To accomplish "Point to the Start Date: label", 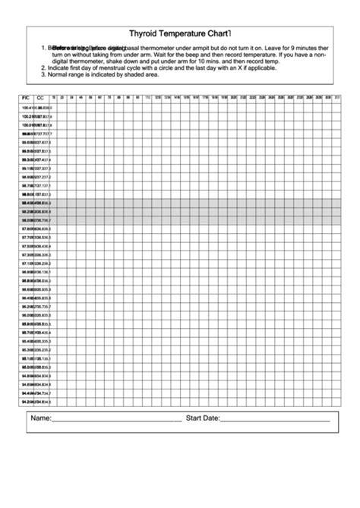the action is pos(203,418).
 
